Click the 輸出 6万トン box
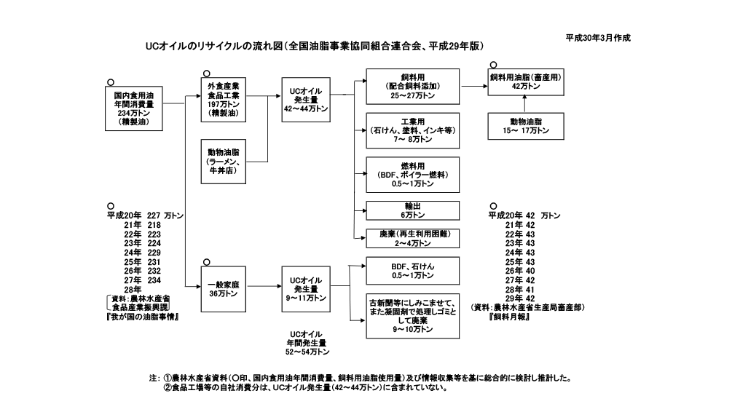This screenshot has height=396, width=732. [413, 210]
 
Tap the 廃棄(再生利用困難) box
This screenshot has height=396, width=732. [413, 237]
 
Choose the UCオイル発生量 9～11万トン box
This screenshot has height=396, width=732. [306, 288]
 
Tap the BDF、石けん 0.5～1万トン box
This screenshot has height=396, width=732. [413, 271]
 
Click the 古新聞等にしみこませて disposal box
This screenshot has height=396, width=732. [413, 315]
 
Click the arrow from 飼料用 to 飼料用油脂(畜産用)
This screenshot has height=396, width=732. [473, 85]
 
